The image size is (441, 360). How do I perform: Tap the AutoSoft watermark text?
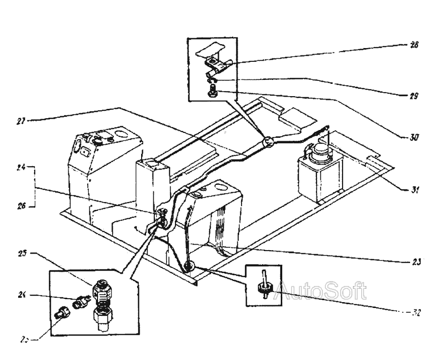321,292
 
